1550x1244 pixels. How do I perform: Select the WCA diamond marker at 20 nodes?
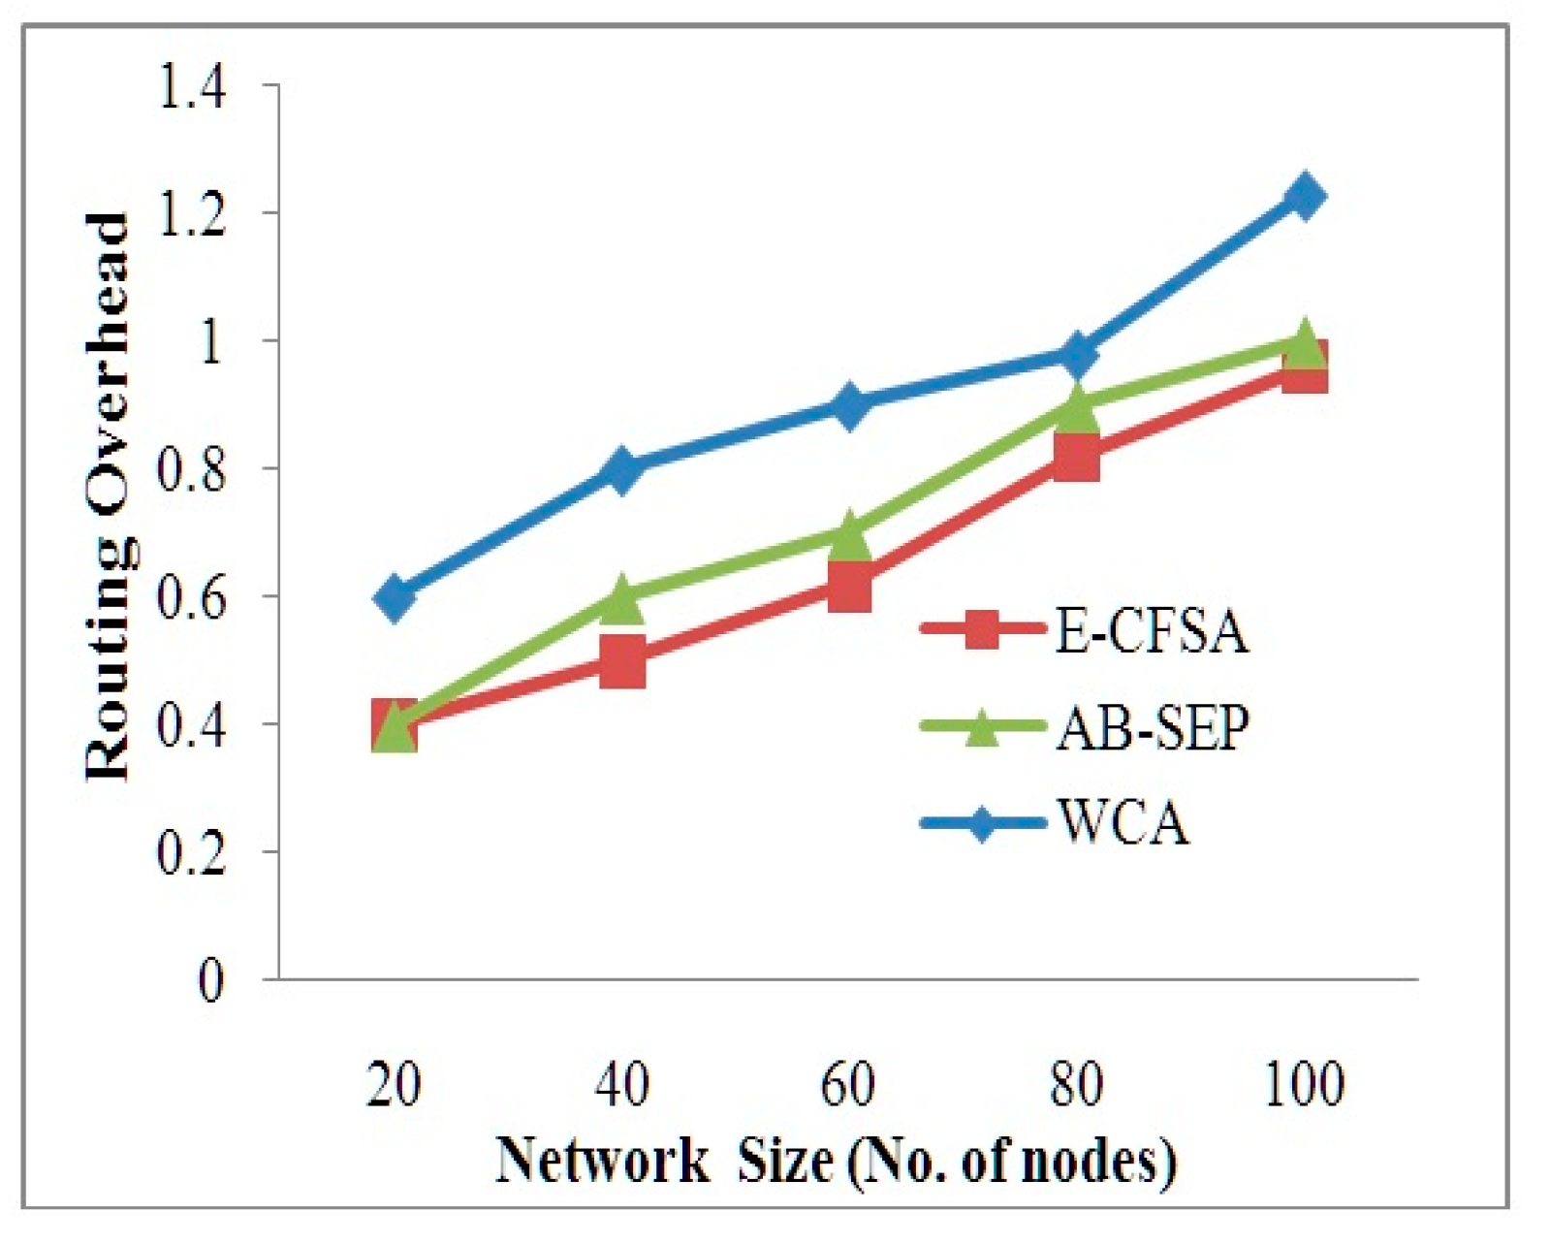394,596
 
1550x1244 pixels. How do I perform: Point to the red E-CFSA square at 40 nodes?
621,661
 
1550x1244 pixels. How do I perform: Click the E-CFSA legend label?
1151,634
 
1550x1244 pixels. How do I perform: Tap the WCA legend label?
1123,824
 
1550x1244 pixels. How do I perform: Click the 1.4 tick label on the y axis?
193,87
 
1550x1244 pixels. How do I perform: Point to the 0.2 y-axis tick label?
193,852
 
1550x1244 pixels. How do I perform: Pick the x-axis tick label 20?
394,1085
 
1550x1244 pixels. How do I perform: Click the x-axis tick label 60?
848,1085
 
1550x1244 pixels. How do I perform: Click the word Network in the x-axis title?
602,1160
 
